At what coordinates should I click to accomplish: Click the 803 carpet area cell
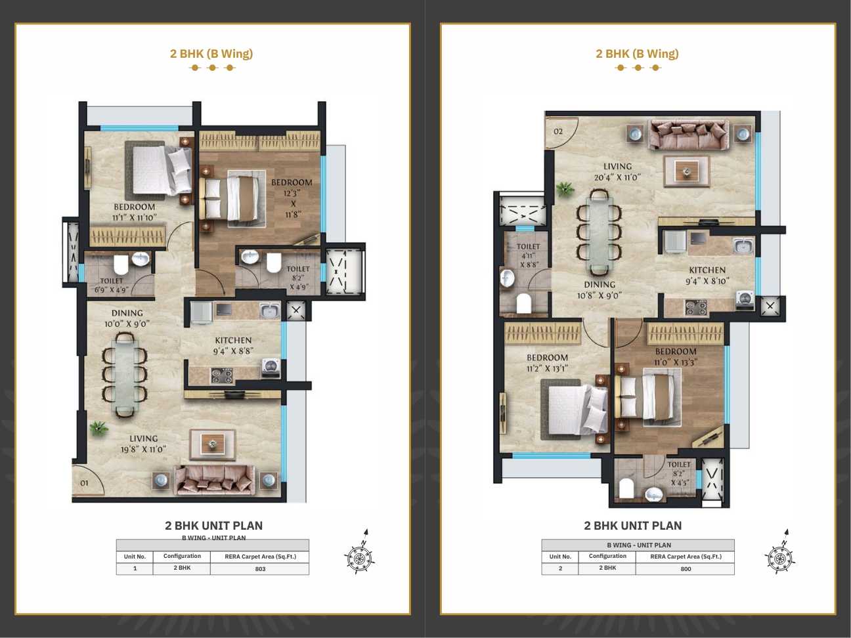pyautogui.click(x=260, y=568)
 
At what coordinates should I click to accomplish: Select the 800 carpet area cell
pyautogui.click(x=685, y=568)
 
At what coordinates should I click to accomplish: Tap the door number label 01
pyautogui.click(x=84, y=483)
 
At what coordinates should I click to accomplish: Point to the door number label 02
pyautogui.click(x=558, y=131)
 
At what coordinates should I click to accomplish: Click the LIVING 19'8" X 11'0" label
pyautogui.click(x=143, y=444)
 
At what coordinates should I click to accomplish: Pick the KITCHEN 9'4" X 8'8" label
pyautogui.click(x=233, y=345)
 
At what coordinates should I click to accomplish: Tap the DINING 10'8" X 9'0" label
pyautogui.click(x=600, y=289)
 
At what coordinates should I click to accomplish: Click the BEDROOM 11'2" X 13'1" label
pyautogui.click(x=547, y=362)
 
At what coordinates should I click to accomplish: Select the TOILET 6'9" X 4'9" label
pyautogui.click(x=111, y=285)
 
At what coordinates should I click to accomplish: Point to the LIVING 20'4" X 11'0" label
pyautogui.click(x=617, y=171)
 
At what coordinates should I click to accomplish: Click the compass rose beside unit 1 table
pyautogui.click(x=359, y=553)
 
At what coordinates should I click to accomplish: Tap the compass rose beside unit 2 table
pyautogui.click(x=779, y=553)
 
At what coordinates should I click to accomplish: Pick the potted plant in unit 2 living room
pyautogui.click(x=565, y=188)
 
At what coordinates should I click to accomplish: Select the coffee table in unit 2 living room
pyautogui.click(x=686, y=171)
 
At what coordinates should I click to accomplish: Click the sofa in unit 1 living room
pyautogui.click(x=214, y=480)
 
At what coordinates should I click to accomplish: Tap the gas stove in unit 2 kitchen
pyautogui.click(x=696, y=308)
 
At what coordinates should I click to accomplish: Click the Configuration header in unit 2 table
pyautogui.click(x=607, y=556)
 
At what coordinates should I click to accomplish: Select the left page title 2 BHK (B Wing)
pyautogui.click(x=211, y=53)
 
